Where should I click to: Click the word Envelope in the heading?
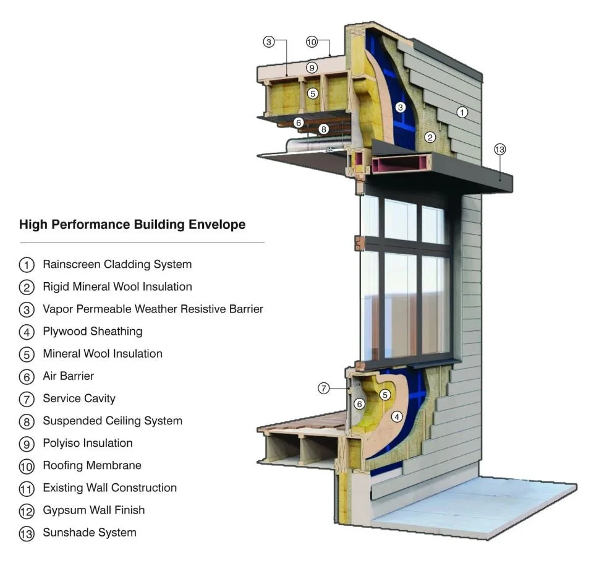pos(214,224)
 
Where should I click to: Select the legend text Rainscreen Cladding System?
pos(117,264)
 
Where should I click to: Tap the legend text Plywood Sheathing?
pos(92,331)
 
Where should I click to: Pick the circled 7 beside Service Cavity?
pos(27,399)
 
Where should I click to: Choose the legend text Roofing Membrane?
pos(91,465)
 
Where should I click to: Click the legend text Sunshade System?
pos(89,532)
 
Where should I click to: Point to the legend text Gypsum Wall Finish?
pos(93,510)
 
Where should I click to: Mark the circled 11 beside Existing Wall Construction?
pos(27,489)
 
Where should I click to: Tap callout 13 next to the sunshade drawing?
pos(499,149)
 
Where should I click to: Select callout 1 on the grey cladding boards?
pos(462,112)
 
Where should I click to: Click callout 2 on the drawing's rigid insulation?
pos(430,137)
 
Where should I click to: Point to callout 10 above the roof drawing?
pos(312,42)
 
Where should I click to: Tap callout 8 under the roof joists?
pos(323,129)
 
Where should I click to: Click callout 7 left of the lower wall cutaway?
pos(324,389)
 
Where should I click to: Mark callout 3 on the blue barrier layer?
pos(401,108)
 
